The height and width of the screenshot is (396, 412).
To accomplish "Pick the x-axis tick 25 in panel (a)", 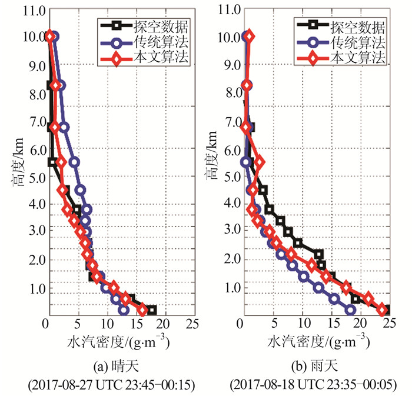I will click(x=191, y=323).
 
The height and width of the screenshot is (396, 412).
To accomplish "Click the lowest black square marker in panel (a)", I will click(x=151, y=310).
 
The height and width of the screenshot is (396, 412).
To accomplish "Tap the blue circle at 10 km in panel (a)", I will click(x=54, y=36).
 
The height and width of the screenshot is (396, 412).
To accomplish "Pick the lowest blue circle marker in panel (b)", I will click(x=351, y=310).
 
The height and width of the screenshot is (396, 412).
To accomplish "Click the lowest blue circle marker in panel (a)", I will click(x=124, y=310).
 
